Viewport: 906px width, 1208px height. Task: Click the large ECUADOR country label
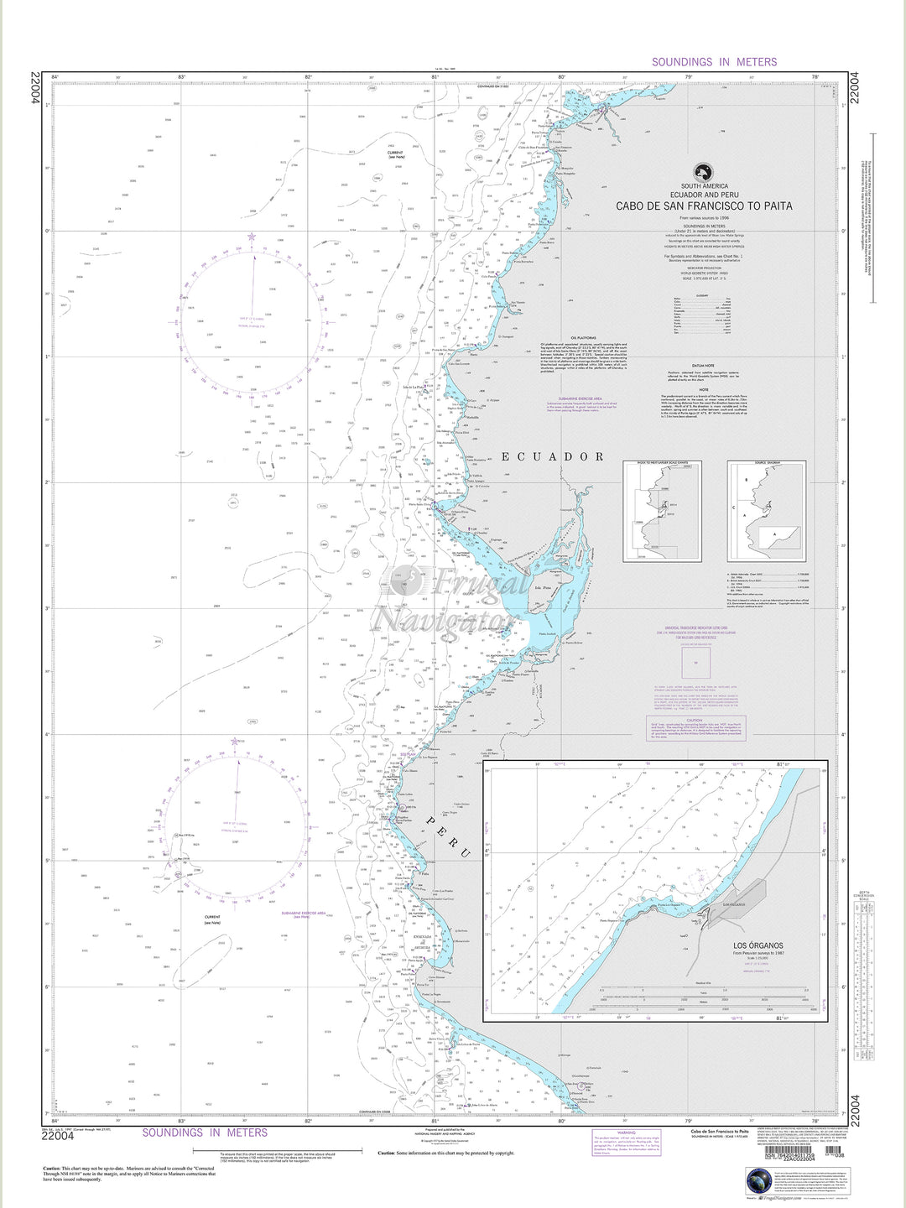coord(553,457)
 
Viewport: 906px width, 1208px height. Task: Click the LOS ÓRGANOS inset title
coord(758,945)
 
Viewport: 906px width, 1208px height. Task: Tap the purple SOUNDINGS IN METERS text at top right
coord(714,62)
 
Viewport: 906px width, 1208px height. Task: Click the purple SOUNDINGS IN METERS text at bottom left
coord(205,1132)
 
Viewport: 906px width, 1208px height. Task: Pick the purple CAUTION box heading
coord(693,720)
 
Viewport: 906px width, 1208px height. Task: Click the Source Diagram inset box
coord(767,512)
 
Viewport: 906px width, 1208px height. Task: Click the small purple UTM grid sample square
coord(694,663)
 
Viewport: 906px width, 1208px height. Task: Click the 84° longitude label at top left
coord(55,77)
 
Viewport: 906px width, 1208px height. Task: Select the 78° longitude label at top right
coord(815,77)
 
